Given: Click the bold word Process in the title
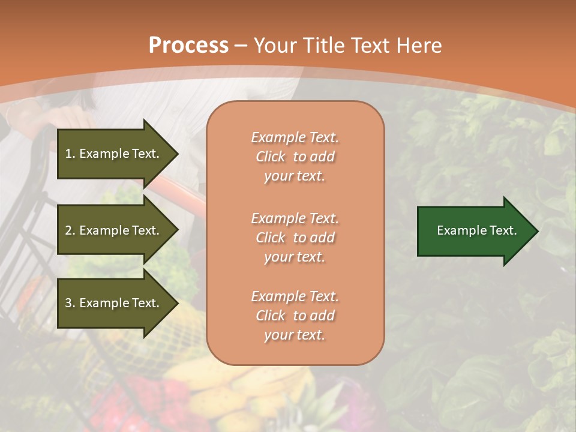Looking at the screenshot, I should [188, 46].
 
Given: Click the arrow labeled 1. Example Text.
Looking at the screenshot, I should [114, 154].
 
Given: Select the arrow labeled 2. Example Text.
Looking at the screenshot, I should [114, 230].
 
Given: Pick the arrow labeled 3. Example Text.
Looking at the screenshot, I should [114, 303].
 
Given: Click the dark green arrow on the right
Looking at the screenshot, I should [474, 231].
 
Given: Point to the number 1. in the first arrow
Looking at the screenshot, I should [70, 154].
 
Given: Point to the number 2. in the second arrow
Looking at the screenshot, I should [70, 230].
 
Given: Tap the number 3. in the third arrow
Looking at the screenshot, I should [70, 303].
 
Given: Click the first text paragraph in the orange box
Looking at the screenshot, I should [295, 157].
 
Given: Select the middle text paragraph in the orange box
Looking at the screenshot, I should [295, 237].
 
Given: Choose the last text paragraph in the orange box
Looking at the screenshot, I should [295, 316].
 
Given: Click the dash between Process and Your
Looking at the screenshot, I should [241, 46].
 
